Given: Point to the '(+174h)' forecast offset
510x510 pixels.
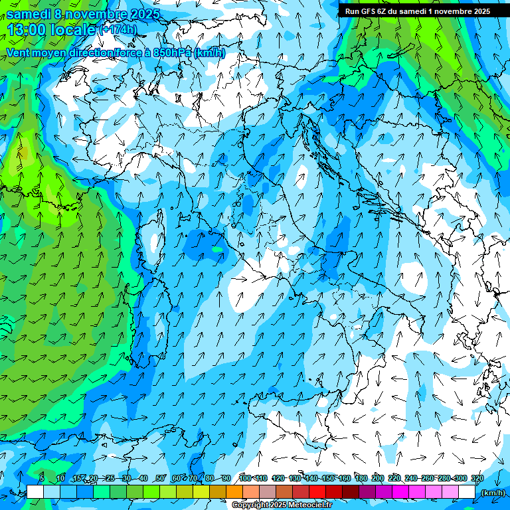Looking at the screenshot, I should (x=118, y=30).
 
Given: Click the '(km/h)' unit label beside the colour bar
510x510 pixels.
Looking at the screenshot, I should (x=492, y=492).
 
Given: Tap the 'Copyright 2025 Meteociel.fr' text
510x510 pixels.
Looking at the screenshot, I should (x=282, y=505).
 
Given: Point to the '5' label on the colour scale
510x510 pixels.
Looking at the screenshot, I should (x=42, y=479).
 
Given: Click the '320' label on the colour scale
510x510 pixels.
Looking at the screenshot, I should (x=477, y=479).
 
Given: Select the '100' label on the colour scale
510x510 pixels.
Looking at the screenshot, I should (x=244, y=479).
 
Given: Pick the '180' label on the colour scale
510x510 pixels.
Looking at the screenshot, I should (x=361, y=479).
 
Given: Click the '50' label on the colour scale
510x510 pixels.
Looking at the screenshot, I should (x=160, y=479).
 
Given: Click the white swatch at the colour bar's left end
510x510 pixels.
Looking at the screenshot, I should (x=35, y=492).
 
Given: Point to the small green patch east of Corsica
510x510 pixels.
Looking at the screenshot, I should (x=218, y=249).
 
